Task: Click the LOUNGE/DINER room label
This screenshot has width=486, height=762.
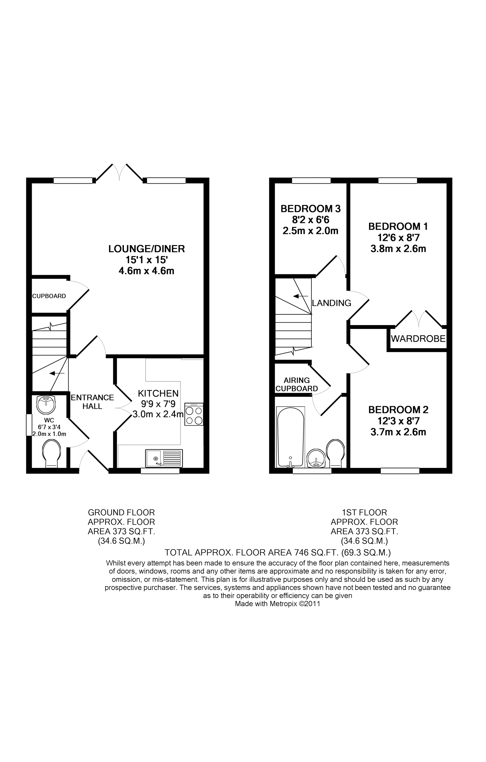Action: [146, 248]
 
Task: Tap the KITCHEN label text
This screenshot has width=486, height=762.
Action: [158, 393]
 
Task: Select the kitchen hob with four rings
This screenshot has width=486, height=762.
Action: [194, 414]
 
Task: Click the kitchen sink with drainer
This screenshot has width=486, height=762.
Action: [164, 458]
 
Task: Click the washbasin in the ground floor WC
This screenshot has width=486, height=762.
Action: [46, 404]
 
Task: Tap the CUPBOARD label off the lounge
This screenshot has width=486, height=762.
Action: [49, 296]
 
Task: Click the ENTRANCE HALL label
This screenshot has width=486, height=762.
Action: [92, 402]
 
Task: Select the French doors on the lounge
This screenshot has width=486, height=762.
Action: [120, 173]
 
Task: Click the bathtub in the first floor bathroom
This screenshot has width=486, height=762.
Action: [290, 436]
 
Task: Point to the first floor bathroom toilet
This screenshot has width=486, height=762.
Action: [335, 452]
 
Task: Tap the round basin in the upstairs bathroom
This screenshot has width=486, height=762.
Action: [316, 458]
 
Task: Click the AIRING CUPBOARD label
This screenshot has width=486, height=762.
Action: [297, 384]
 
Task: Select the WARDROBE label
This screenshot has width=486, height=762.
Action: [418, 339]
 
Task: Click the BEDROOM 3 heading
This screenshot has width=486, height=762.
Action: [310, 208]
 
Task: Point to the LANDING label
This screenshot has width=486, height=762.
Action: [331, 303]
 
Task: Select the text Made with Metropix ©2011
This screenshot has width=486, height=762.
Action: [278, 604]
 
